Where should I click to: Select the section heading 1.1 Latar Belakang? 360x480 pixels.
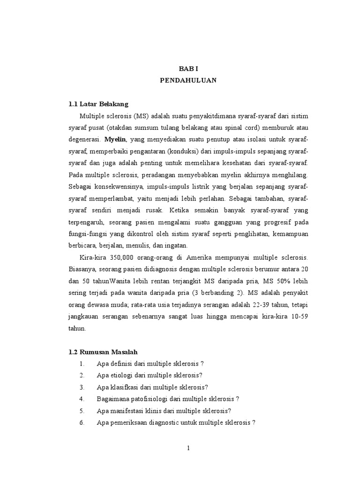point(98,104)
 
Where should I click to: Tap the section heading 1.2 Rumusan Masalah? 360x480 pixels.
point(103,352)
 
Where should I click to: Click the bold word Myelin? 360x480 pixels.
point(115,139)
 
